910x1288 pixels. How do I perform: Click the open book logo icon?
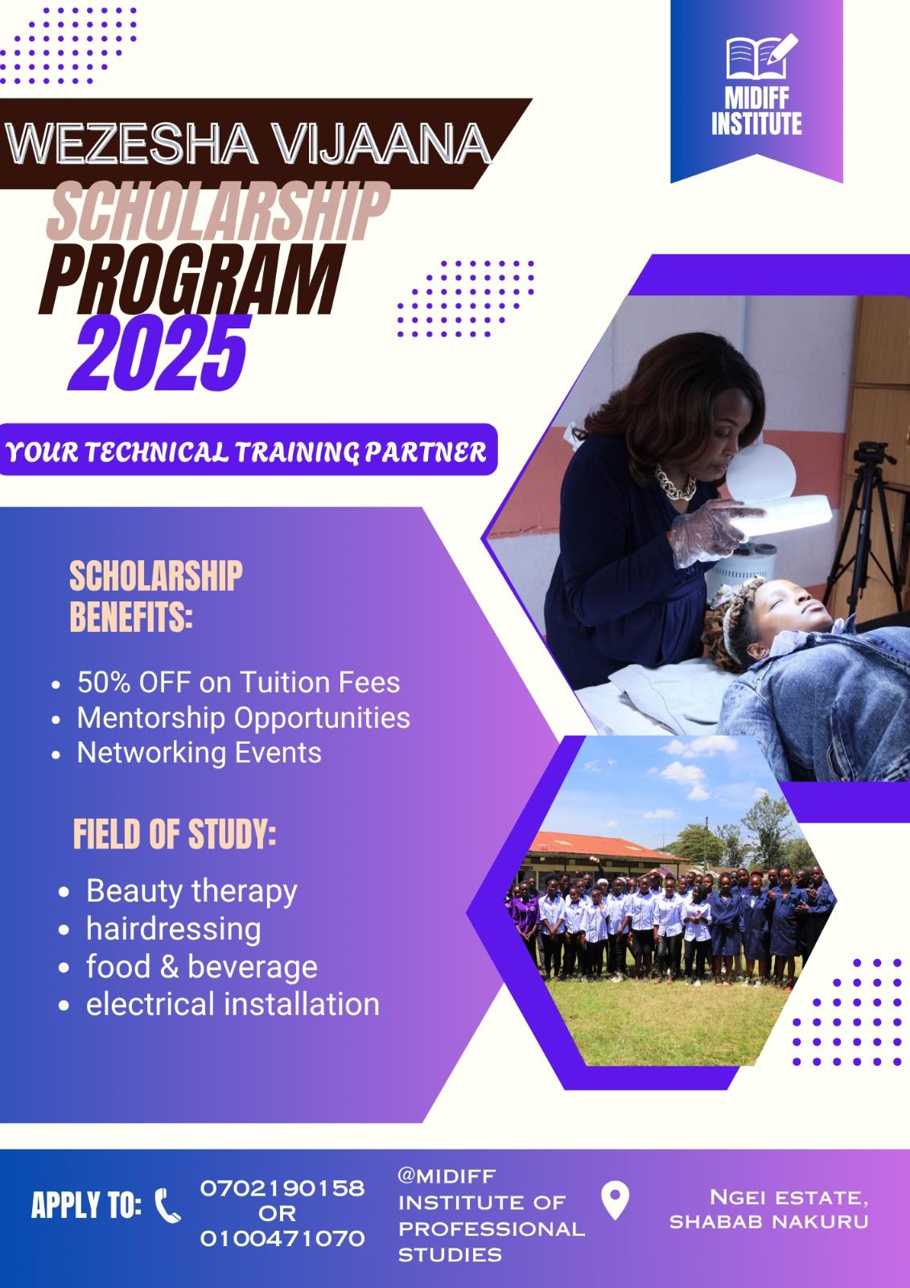761,56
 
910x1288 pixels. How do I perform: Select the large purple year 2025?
160,353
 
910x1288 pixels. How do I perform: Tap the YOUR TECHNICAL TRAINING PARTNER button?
249,450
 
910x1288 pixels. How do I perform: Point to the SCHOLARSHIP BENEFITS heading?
156,597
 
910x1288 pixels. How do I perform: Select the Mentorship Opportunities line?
244,717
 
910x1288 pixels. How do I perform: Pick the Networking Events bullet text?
199,753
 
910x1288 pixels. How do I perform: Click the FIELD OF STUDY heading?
174,834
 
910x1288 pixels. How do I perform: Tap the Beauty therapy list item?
191,892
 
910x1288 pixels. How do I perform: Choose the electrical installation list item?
233,1005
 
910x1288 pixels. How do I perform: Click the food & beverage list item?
202,967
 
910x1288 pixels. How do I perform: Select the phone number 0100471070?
282,1237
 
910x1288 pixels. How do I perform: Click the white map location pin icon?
615,1200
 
